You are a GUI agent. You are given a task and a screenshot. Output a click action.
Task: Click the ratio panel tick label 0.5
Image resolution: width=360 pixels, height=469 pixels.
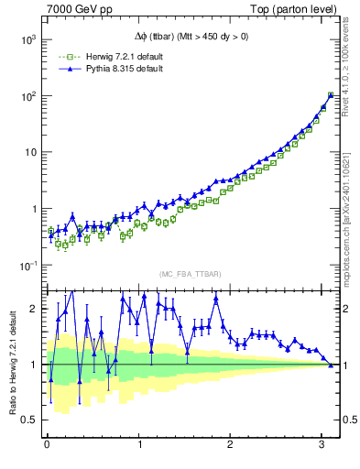[30, 420]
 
